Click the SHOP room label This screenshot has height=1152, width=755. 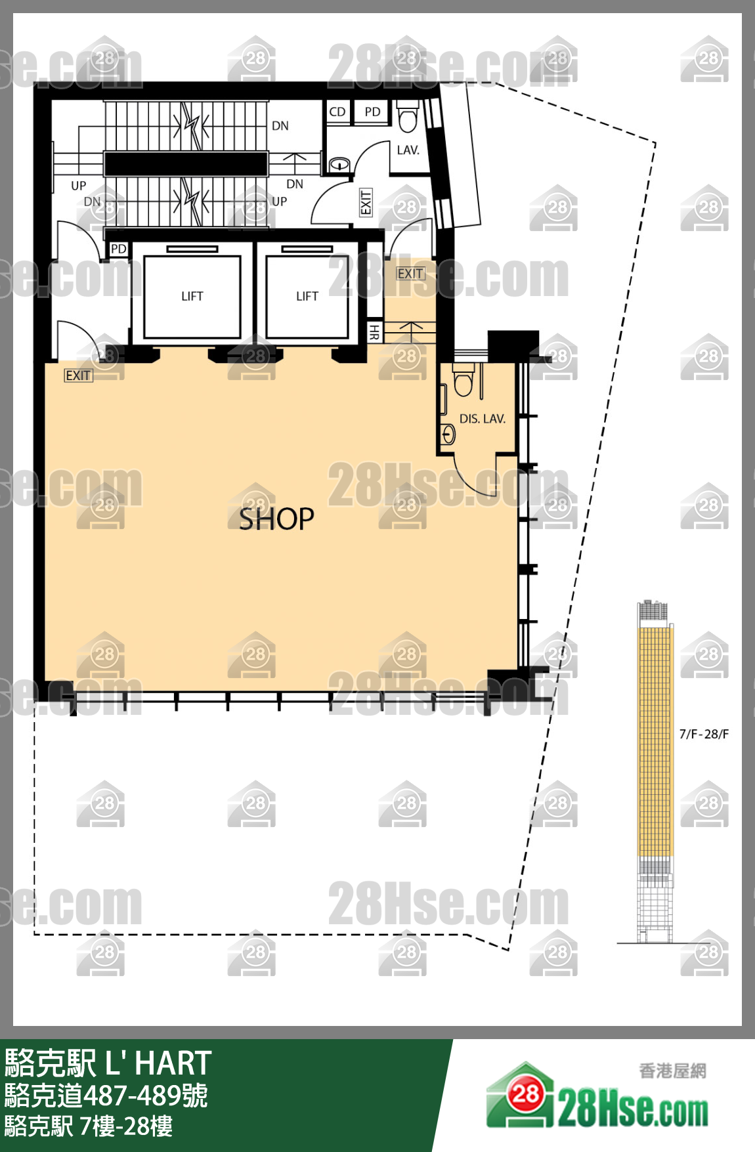(x=276, y=519)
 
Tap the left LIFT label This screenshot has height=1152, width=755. (x=192, y=297)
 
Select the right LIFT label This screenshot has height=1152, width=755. (x=307, y=297)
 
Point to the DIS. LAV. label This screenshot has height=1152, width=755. (x=483, y=419)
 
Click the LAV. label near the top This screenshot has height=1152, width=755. (x=408, y=150)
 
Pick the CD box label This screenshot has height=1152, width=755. (x=337, y=112)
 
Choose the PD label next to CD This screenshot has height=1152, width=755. (x=372, y=112)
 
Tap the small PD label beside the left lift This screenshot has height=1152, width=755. (x=118, y=249)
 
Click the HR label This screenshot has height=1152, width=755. (x=374, y=332)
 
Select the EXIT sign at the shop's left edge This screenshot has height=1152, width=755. (x=78, y=375)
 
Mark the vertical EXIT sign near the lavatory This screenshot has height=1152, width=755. (x=366, y=202)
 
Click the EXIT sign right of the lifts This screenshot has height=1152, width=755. (x=410, y=274)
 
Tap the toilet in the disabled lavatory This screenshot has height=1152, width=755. (x=464, y=380)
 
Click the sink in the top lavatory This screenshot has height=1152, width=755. (x=339, y=164)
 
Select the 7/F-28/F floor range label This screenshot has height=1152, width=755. (x=704, y=734)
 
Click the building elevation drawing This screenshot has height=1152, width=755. (x=655, y=771)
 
